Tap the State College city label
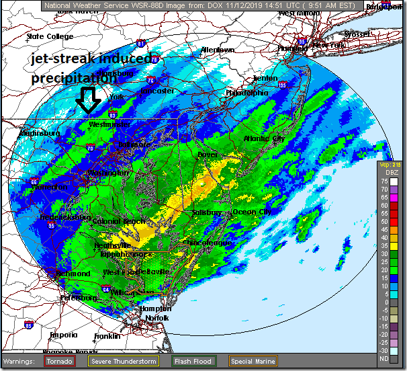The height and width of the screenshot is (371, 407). [49, 36]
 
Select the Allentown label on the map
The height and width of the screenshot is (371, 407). [217, 50]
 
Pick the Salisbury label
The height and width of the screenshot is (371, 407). [206, 212]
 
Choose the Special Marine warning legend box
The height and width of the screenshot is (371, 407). [251, 362]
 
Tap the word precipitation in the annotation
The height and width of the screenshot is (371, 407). [73, 78]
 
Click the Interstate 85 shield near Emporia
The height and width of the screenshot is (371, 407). [28, 325]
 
